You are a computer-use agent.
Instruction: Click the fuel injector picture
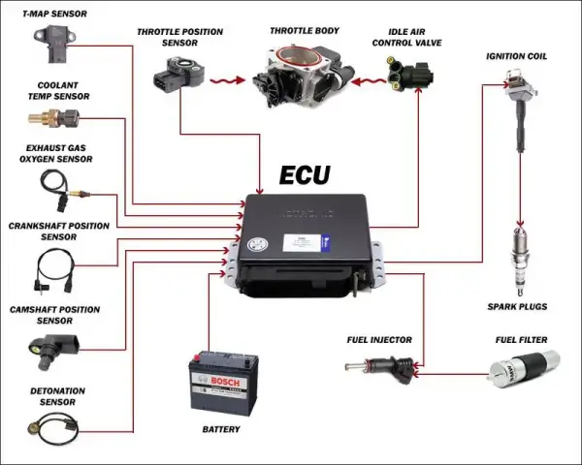(x=380, y=367)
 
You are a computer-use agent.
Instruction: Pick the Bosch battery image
(x=222, y=383)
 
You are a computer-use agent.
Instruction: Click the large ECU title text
(x=305, y=175)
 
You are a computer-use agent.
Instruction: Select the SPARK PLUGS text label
(x=517, y=307)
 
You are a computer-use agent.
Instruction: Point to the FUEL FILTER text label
(x=521, y=340)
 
